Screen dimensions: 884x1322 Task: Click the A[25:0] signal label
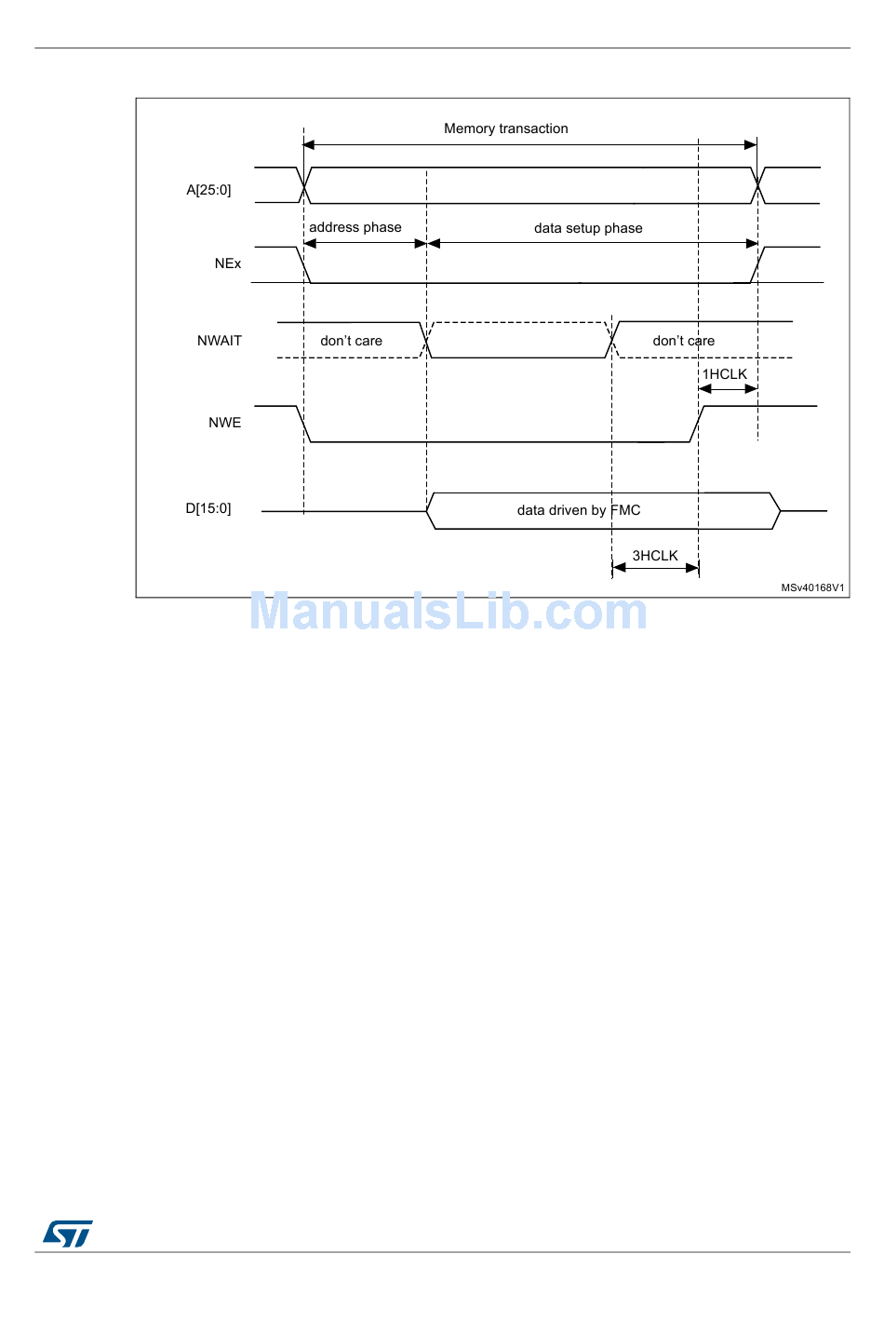point(208,190)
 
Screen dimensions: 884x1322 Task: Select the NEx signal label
point(227,263)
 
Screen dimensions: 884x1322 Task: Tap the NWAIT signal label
point(219,341)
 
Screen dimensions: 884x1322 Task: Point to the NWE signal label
point(224,423)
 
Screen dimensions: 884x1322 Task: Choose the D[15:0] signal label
point(208,508)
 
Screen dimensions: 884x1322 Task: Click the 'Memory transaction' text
point(505,128)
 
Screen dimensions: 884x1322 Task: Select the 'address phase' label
point(355,227)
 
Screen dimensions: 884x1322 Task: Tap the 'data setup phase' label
point(588,228)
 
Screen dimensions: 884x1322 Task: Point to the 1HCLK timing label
point(724,374)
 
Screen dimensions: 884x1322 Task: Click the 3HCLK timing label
point(655,556)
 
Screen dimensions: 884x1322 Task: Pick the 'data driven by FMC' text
point(578,510)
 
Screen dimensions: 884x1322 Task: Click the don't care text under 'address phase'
point(351,341)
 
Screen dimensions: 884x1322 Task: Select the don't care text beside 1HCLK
point(683,341)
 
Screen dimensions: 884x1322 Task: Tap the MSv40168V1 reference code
point(812,587)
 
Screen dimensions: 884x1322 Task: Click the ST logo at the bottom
point(68,1234)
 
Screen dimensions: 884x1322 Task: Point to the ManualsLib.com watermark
point(448,612)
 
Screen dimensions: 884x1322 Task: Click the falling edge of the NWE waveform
point(303,424)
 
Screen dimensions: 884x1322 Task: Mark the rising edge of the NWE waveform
point(696,424)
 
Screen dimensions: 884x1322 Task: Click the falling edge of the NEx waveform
point(303,264)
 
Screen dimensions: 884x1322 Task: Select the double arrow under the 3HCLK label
point(655,568)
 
